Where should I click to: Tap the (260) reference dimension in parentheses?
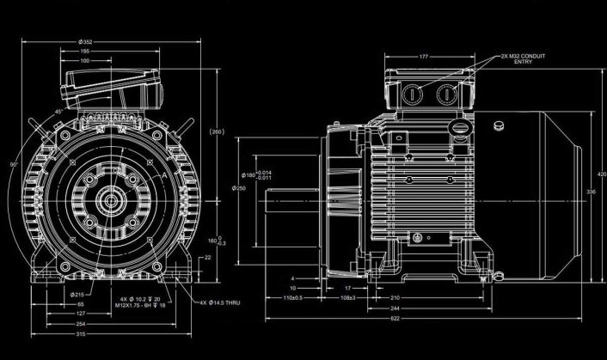point(217,131)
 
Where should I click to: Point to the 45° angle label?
point(58,111)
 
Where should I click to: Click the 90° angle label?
point(13,163)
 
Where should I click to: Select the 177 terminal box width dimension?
point(424,57)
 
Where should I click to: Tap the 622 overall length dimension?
point(417,342)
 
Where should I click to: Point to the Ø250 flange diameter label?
point(239,188)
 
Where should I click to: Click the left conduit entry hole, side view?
point(410,93)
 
